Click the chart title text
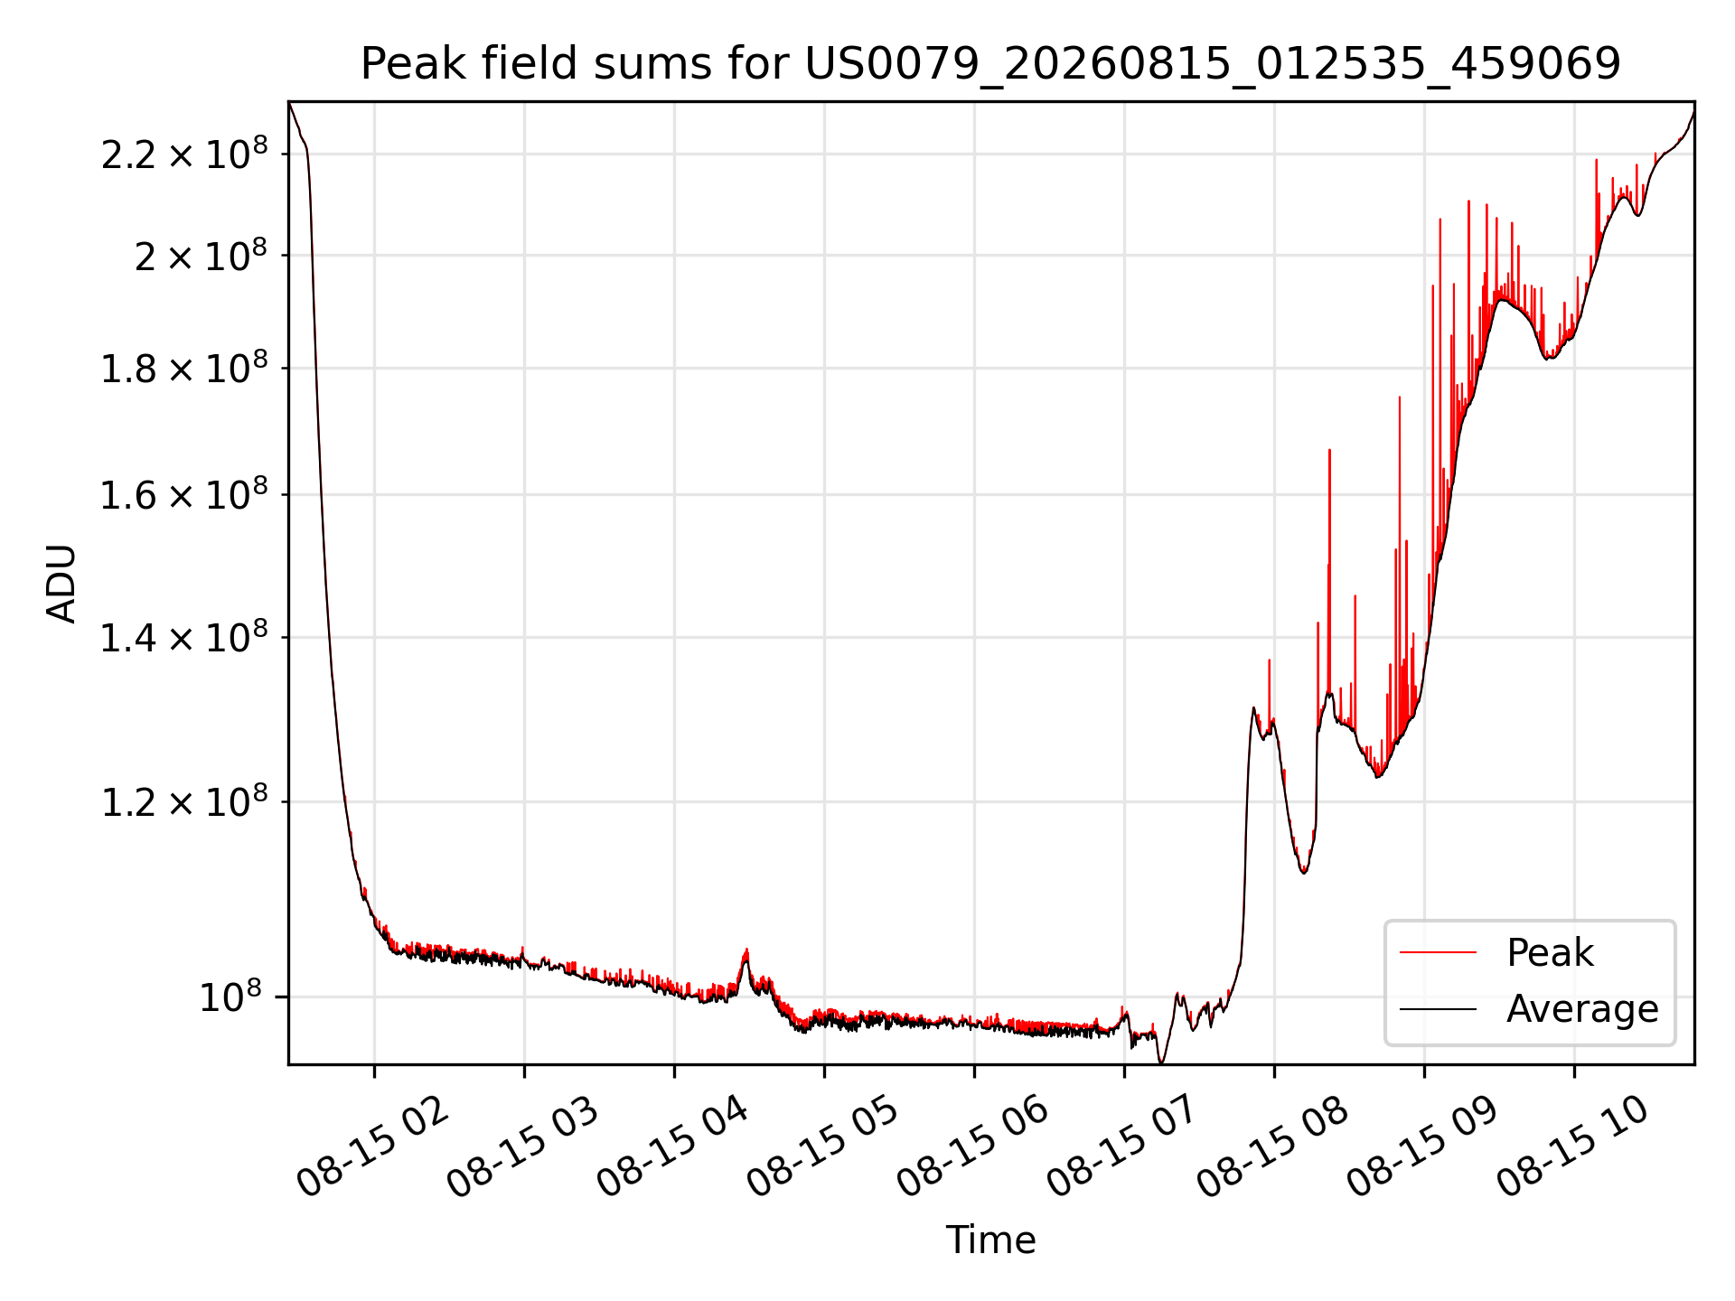[x=990, y=64]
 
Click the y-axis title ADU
[x=61, y=583]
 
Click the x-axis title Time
[x=990, y=1240]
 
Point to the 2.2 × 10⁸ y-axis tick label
[x=184, y=154]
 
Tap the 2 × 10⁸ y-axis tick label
[x=201, y=256]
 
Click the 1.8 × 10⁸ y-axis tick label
[x=184, y=369]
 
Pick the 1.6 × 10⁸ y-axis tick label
[x=184, y=495]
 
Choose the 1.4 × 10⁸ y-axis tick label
[x=184, y=638]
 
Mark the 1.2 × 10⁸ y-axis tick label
[x=184, y=802]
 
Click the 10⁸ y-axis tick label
[x=230, y=997]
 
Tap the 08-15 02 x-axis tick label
[x=373, y=1147]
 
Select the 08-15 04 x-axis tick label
[x=673, y=1147]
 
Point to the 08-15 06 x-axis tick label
[x=973, y=1147]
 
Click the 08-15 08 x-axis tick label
[x=1273, y=1147]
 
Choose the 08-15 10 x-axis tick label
[x=1573, y=1147]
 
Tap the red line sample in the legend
[x=1438, y=952]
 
